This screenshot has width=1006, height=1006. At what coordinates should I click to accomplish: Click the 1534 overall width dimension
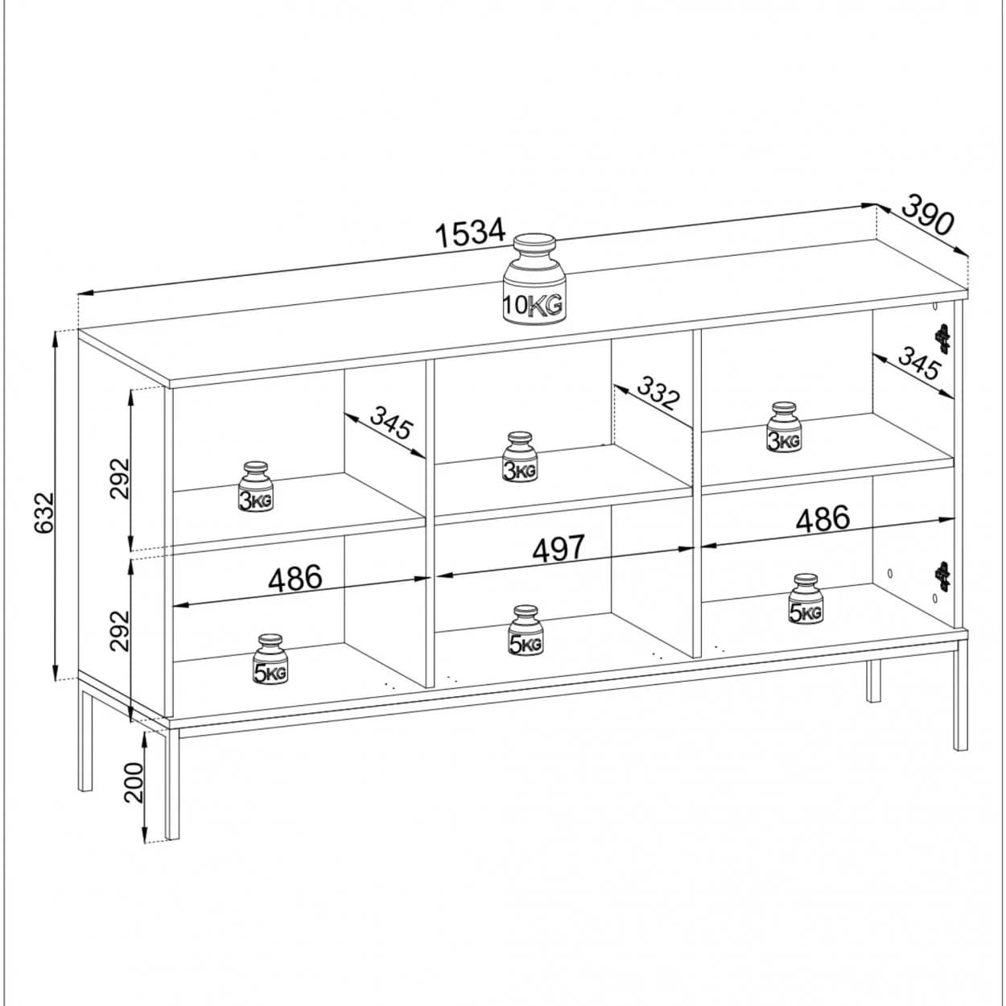point(471,234)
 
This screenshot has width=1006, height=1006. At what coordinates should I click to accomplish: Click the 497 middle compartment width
point(558,547)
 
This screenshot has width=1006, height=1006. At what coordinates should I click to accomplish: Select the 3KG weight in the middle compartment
point(519,456)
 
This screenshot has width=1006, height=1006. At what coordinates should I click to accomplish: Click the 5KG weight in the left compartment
point(270,659)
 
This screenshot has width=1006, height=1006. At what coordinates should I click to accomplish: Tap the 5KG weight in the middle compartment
point(525,630)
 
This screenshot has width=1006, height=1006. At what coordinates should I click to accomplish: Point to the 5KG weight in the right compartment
point(805,599)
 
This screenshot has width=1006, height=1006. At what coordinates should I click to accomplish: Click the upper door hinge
point(942,338)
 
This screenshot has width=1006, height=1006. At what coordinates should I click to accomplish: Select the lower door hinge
point(943,575)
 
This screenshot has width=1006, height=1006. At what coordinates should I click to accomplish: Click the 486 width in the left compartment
point(295,577)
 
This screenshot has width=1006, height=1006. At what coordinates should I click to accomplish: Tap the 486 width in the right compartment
point(823,517)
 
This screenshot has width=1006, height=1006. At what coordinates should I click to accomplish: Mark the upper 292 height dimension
point(120,479)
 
